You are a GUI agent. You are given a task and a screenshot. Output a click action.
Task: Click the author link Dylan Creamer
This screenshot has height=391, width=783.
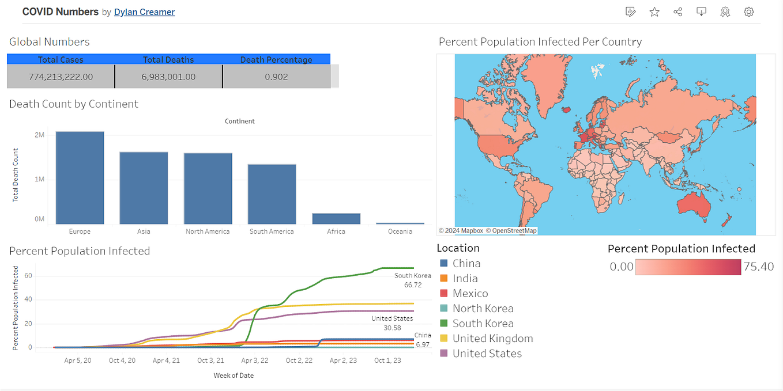[x=144, y=12]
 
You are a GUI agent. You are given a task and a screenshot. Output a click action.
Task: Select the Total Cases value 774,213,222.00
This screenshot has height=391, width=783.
[x=61, y=77]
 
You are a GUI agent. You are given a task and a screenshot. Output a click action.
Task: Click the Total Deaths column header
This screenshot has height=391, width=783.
[x=168, y=59]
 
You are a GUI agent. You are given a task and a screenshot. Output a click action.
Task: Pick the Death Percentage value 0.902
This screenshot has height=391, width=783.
[x=276, y=77]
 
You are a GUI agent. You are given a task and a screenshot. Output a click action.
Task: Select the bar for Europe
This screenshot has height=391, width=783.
[x=80, y=178]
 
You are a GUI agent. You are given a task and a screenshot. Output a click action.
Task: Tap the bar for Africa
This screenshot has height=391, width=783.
[x=336, y=219]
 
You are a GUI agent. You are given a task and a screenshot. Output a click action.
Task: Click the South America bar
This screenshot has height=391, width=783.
[x=272, y=194]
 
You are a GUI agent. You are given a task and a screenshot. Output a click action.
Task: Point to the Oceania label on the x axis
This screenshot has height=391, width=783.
[x=400, y=231]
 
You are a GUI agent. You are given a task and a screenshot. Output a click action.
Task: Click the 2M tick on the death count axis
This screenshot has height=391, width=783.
[x=40, y=135]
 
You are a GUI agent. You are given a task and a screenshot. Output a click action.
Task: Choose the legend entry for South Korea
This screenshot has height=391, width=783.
[x=483, y=324]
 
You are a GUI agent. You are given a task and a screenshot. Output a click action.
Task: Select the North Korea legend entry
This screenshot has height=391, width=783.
[x=483, y=309]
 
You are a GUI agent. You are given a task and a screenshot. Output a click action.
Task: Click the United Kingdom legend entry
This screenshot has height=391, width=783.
[x=492, y=339]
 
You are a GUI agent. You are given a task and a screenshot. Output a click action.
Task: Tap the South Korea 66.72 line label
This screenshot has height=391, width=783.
[x=412, y=280]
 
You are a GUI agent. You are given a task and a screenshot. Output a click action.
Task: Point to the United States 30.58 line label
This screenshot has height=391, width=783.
[x=392, y=323]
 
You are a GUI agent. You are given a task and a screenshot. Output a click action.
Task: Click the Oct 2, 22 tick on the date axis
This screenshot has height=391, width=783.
[x=299, y=360]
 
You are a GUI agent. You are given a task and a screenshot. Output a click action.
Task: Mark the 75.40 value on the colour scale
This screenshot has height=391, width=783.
[x=759, y=267]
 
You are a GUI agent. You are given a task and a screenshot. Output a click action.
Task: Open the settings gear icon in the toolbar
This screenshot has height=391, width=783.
[x=748, y=12]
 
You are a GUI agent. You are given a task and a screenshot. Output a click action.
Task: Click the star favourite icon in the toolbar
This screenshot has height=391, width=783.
[x=654, y=12]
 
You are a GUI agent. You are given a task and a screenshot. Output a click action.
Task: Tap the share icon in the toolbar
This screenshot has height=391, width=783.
[x=678, y=12]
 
